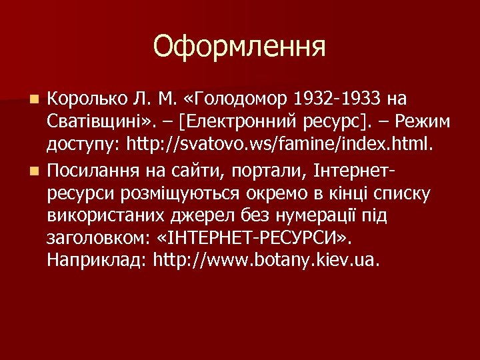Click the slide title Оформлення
[x=239, y=47]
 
